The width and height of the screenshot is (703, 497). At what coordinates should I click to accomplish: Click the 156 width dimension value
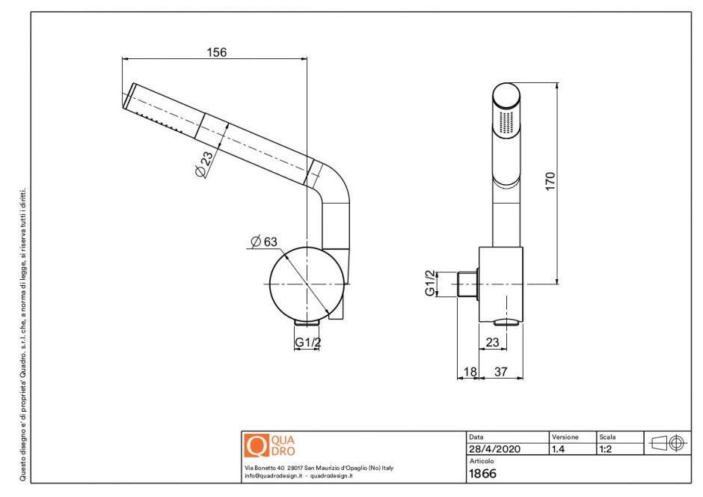216,52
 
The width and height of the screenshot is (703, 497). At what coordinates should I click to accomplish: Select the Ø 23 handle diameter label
203,163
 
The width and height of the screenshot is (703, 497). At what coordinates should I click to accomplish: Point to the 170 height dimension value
550,181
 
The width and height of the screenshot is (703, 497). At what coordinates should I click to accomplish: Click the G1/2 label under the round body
307,343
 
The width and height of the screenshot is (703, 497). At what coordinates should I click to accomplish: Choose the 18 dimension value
470,371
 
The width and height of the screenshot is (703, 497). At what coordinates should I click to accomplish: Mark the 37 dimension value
501,371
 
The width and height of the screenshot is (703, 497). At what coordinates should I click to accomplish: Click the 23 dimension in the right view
492,342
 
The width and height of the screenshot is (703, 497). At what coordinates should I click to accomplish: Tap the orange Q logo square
257,446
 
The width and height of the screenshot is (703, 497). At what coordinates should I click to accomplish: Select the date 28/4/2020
494,449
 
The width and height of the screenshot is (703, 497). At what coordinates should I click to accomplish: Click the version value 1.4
558,449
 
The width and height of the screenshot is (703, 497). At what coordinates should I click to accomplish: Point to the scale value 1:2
607,449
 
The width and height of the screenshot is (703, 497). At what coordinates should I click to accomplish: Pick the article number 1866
482,473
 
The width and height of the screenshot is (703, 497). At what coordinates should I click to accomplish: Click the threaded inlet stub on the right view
467,285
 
